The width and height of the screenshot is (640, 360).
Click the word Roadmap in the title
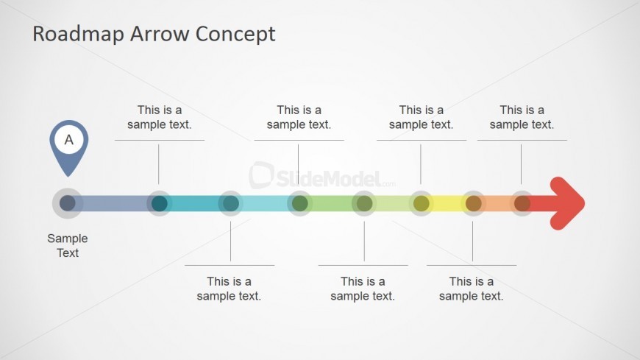pyautogui.click(x=78, y=34)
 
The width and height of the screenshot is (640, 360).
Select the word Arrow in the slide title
pyautogui.click(x=160, y=34)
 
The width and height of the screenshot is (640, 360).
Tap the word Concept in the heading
pyautogui.click(x=235, y=35)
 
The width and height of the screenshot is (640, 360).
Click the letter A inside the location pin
pyautogui.click(x=69, y=140)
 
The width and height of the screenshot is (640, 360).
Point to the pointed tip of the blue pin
pyautogui.click(x=68, y=176)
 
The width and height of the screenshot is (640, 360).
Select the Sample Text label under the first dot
pyautogui.click(x=68, y=246)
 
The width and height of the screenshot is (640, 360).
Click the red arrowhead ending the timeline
pyautogui.click(x=567, y=203)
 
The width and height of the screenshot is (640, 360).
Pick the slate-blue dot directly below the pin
pyautogui.click(x=68, y=203)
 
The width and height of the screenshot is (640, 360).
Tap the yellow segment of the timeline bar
pyautogui.click(x=447, y=203)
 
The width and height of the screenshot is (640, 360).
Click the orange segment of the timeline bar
pyautogui.click(x=497, y=203)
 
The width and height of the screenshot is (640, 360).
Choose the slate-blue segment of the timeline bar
pyautogui.click(x=113, y=203)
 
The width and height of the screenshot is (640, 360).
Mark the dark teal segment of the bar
pyautogui.click(x=195, y=203)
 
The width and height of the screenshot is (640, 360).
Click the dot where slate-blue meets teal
pyautogui.click(x=159, y=203)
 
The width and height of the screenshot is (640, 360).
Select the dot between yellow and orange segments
pyautogui.click(x=474, y=203)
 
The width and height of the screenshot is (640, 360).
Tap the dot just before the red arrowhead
pyautogui.click(x=522, y=203)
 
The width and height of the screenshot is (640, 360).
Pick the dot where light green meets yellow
pyautogui.click(x=422, y=203)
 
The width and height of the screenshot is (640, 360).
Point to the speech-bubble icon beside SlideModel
pyautogui.click(x=261, y=175)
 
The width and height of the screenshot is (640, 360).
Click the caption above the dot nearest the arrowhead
pyautogui.click(x=522, y=117)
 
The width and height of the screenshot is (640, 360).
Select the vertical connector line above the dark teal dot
pyautogui.click(x=159, y=164)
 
